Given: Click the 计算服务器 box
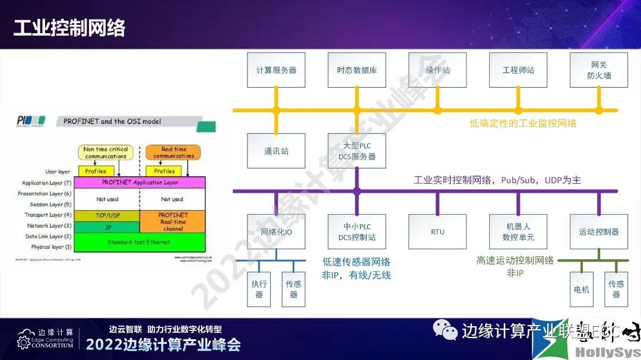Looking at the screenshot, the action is click(x=276, y=70).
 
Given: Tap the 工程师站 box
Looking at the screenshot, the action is click(x=518, y=70).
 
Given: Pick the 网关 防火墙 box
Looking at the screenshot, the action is click(x=599, y=70).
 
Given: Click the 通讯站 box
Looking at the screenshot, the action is click(x=276, y=151).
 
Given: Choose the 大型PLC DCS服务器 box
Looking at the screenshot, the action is click(x=356, y=151).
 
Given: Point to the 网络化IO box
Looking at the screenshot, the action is click(x=276, y=231).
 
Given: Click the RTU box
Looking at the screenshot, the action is click(x=437, y=231).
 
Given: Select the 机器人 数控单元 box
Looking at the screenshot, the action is click(x=518, y=231).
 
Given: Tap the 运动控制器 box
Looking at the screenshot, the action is click(x=599, y=231).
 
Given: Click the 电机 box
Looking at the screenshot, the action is click(x=582, y=289).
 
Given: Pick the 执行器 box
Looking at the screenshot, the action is click(x=259, y=289).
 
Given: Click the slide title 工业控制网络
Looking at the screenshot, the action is click(x=69, y=28).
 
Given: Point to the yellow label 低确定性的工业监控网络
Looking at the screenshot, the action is click(x=523, y=123).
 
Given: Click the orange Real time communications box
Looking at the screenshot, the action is click(x=173, y=152).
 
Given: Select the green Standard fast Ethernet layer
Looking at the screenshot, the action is click(x=139, y=242).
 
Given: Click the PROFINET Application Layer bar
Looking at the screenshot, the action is click(x=140, y=183).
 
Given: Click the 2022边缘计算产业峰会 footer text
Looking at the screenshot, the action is click(x=163, y=345).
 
